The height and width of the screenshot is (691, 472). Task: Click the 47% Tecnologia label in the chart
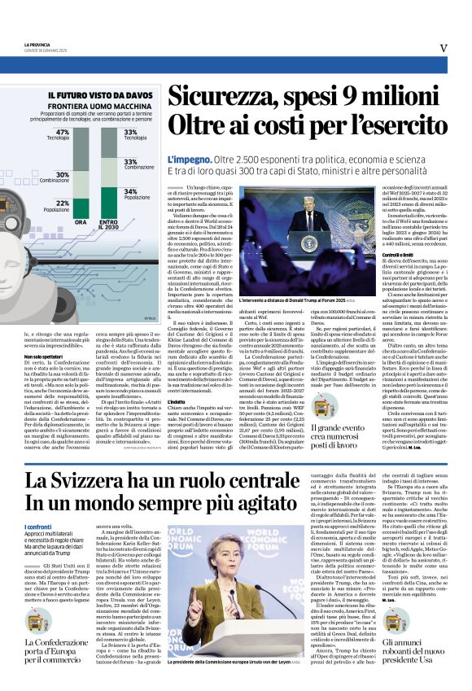pos(62,134)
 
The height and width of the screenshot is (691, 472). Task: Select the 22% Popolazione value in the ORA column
pos(62,205)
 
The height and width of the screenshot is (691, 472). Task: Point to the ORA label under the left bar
pos(81,222)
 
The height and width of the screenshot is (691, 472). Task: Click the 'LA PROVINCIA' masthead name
pos(37,44)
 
